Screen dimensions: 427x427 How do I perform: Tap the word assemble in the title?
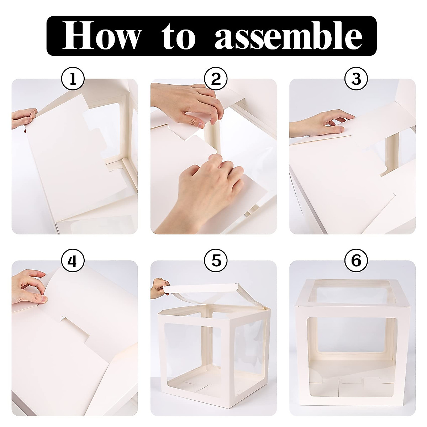(x=289, y=36)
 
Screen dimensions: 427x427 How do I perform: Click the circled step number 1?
(x=73, y=79)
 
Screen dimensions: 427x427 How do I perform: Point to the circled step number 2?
(x=216, y=79)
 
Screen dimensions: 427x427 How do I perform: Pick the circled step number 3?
(x=356, y=79)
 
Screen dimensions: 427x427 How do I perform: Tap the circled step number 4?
(x=73, y=261)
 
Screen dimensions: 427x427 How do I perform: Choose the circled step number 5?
(x=216, y=261)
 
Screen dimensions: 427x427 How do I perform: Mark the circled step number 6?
(x=356, y=261)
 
